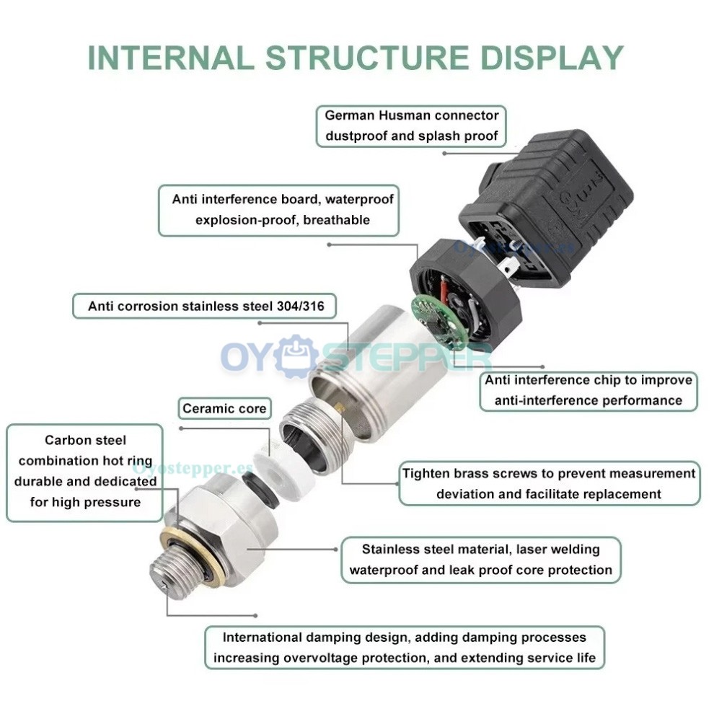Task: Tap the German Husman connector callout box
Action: tap(411, 125)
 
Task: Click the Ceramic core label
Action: tap(224, 409)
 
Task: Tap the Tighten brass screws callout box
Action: tap(549, 483)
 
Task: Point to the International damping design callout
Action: tap(404, 647)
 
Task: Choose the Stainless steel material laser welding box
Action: tap(480, 560)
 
